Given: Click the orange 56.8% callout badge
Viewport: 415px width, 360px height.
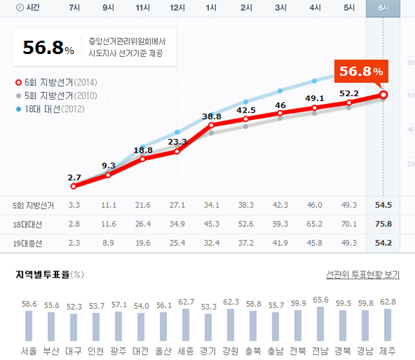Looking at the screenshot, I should click(x=360, y=71).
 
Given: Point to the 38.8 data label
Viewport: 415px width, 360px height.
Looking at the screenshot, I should click(x=212, y=116).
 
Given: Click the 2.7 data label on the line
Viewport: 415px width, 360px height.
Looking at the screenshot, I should click(x=74, y=177).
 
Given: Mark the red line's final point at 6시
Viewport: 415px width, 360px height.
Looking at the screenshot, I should click(x=383, y=95).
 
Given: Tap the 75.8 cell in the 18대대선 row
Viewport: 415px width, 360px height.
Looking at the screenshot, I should click(x=383, y=224).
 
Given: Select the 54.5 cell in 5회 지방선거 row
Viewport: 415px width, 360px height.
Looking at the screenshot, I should click(x=383, y=206).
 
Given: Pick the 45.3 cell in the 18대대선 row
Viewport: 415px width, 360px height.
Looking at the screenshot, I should click(x=212, y=224).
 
